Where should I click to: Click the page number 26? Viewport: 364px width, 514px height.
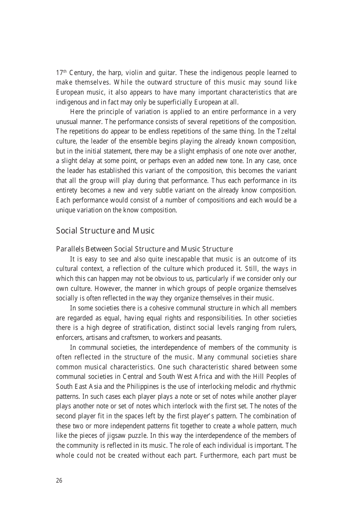(59, 481)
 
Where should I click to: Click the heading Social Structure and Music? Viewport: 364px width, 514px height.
(105, 231)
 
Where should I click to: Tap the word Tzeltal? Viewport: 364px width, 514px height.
(286, 131)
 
